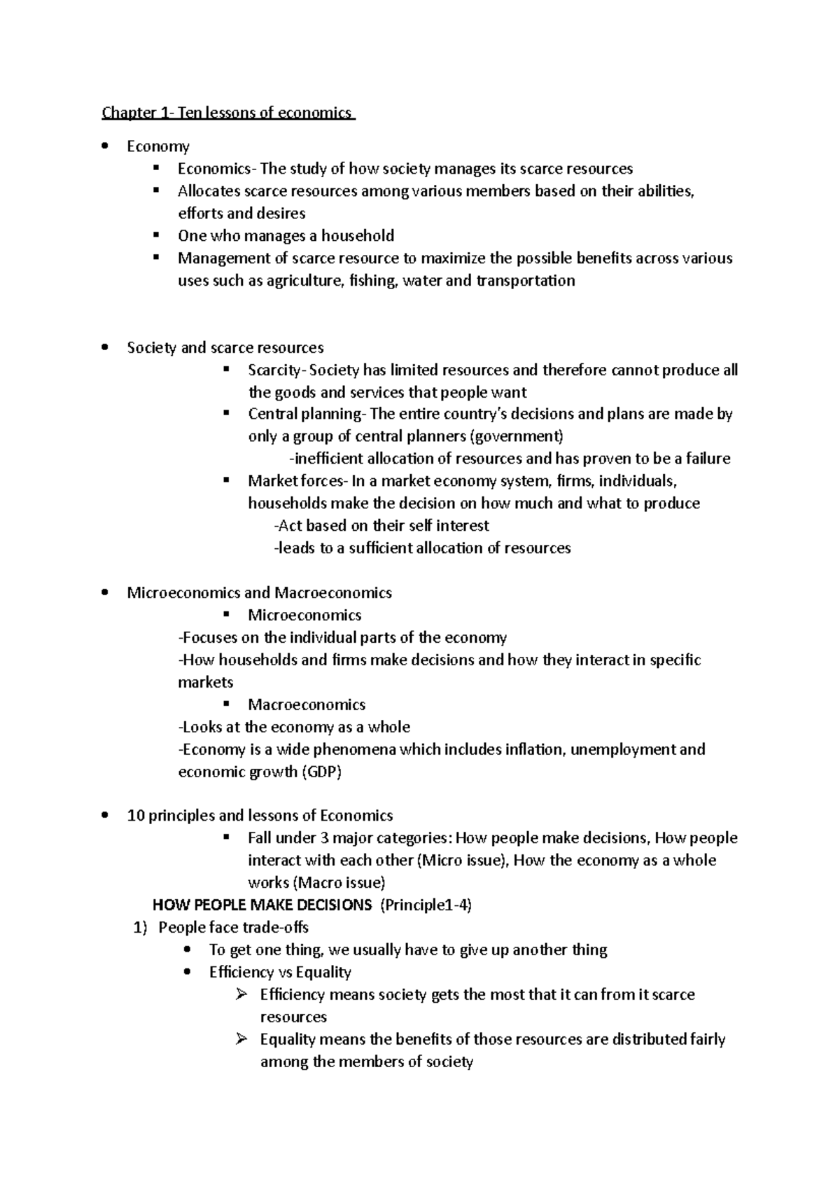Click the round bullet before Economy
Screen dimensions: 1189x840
[104, 146]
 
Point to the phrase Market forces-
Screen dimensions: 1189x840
[297, 481]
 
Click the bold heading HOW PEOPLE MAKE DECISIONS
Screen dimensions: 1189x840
[262, 905]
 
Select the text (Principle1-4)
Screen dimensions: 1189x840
[426, 905]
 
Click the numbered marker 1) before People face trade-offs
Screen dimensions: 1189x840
[141, 927]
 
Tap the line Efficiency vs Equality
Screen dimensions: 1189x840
[280, 972]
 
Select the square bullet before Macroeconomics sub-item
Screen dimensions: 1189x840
[226, 704]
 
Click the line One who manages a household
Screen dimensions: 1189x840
[286, 235]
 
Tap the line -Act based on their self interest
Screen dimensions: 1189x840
[381, 525]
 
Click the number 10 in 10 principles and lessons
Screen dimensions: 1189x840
[134, 815]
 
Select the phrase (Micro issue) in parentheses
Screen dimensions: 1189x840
[461, 860]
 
